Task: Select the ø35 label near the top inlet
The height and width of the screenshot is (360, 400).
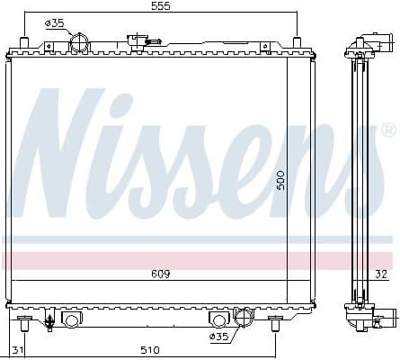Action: pos(55,23)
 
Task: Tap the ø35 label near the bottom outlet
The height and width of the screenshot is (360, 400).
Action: pos(219,337)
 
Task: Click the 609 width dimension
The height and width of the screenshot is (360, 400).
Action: pos(160,273)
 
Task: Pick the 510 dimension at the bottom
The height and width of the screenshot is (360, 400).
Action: pos(149,349)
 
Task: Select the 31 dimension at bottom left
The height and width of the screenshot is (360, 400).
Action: pos(17,349)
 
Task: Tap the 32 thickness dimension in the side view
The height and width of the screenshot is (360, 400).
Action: pos(381,273)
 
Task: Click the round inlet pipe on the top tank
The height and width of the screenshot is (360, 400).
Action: pos(80,42)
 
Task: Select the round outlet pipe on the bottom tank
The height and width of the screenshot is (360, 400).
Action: pos(242,318)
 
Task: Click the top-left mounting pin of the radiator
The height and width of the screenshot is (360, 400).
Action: pos(25,44)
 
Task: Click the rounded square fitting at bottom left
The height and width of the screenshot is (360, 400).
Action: pos(70,319)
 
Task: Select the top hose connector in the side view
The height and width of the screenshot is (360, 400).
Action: pos(371,44)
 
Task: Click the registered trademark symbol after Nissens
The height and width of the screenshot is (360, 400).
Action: pos(388,131)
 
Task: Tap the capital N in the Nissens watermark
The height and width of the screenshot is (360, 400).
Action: pos(67,153)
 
